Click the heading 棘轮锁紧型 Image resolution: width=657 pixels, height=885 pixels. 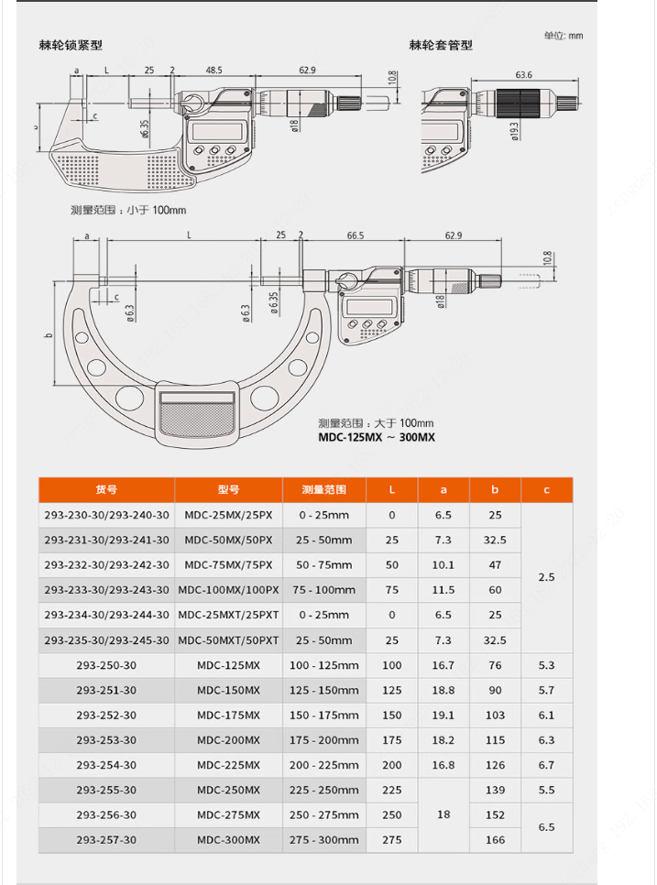pos(71,45)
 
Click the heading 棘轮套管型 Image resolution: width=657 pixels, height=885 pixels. pos(440,45)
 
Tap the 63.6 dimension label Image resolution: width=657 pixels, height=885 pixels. pos(523,74)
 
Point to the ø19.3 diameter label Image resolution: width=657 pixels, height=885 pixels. pos(514,131)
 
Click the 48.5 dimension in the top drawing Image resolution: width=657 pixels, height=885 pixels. pos(214,70)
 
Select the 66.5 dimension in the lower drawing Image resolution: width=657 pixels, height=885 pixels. pos(355,235)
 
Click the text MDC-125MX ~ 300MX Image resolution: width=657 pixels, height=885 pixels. pos(377,437)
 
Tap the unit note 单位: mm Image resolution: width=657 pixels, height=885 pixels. pos(564,36)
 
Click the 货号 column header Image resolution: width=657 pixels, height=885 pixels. pos(106,489)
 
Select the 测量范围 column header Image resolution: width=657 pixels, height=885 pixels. pos(324,489)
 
